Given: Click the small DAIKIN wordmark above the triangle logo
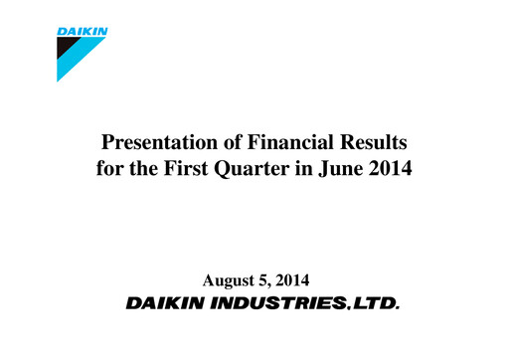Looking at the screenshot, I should [x=84, y=32].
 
